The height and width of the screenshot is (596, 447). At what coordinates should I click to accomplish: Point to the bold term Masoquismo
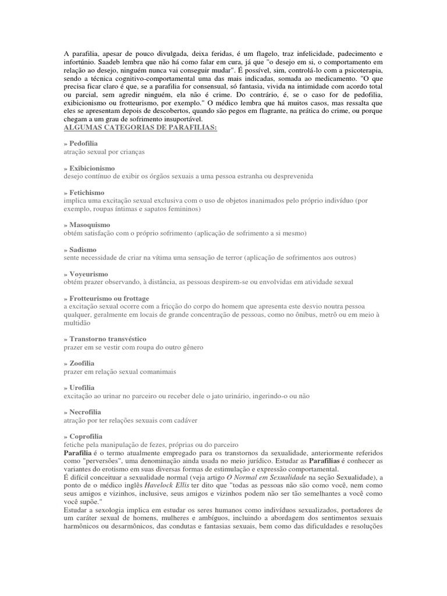click(89, 225)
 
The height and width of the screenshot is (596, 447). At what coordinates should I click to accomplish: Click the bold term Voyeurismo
click(88, 274)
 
